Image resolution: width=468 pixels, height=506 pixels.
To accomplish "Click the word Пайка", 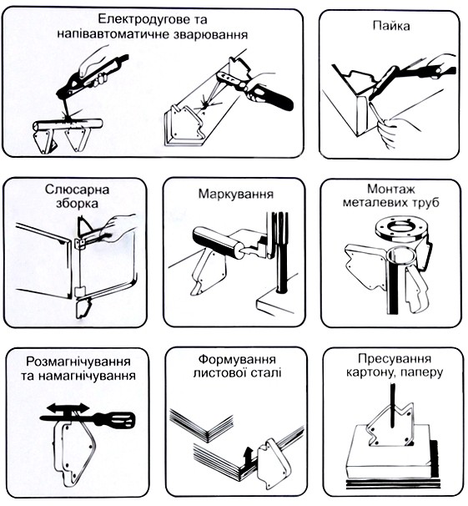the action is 391,26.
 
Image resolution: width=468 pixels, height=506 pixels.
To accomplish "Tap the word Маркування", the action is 236,195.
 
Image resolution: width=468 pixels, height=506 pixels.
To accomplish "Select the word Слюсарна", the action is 77,190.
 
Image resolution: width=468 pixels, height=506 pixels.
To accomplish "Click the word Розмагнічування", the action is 78,361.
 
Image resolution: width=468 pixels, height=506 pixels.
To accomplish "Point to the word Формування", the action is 237,359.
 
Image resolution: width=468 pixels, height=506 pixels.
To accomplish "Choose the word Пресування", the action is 395,358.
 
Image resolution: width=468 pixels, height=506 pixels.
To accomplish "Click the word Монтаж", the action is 391,189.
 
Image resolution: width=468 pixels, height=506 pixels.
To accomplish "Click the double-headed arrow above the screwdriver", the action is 68,408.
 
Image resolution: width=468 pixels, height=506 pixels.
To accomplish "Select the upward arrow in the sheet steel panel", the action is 248,455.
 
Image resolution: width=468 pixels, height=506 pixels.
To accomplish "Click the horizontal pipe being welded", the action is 68,124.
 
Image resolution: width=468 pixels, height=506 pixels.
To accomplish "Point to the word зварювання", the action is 211,34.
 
